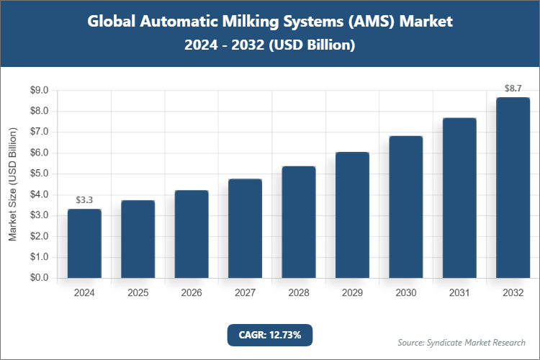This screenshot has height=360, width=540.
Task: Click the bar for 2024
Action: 84,243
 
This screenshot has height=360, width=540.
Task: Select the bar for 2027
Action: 245,228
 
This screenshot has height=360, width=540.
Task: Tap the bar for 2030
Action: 406,207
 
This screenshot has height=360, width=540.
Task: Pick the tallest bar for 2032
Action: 513,187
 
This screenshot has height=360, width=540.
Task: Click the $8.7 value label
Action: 513,88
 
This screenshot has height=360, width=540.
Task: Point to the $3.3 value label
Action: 84,199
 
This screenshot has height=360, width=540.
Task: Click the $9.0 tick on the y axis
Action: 39,91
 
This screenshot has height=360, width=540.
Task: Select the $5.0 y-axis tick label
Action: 39,174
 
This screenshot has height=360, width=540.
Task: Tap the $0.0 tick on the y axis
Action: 39,278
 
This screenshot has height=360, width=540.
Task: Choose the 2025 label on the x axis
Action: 138,293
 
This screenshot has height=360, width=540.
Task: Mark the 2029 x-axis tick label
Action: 352,293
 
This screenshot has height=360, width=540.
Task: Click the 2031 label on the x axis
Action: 459,293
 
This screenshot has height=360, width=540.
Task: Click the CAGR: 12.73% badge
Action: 270,335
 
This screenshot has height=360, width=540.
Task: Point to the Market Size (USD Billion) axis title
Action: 12,184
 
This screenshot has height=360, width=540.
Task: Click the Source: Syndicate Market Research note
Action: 462,342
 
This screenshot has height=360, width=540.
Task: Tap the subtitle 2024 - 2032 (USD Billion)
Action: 270,45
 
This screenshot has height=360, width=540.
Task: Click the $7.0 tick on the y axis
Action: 39,132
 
